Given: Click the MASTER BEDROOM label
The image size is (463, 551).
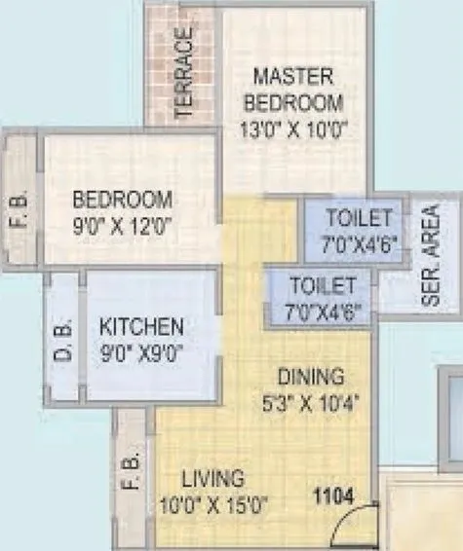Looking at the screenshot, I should [293, 89].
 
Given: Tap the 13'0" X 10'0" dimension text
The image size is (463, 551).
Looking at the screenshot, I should [293, 128].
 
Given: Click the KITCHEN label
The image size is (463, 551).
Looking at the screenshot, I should [144, 326].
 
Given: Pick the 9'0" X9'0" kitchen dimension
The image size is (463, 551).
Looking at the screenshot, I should [144, 352].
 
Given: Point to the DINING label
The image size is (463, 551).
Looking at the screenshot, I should [310, 376].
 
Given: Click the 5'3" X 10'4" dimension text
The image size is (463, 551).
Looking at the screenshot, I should [310, 402].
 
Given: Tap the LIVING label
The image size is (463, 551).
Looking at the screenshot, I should [212, 479].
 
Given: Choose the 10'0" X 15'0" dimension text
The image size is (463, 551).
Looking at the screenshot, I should [212, 506].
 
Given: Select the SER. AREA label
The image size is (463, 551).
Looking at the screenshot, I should [430, 256].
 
